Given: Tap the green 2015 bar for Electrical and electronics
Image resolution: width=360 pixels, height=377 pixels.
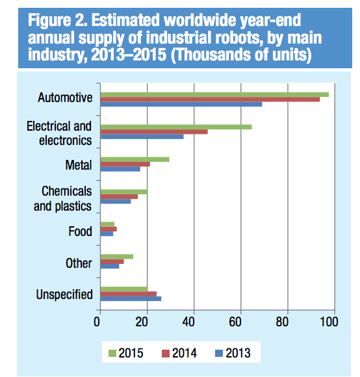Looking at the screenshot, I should point(175,127).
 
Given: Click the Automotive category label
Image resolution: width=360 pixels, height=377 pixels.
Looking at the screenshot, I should point(65,99).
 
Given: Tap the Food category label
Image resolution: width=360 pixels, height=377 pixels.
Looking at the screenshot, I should point(80,231).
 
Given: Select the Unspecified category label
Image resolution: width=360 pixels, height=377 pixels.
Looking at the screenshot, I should point(64,294).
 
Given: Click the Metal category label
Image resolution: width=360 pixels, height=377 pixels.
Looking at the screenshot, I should point(79,165).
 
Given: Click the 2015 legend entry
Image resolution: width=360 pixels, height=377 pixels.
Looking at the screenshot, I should point(124,354).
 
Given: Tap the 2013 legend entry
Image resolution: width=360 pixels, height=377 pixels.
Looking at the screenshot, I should point(231,354).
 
